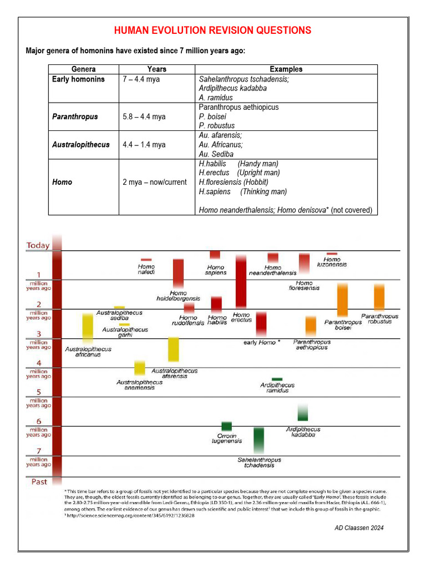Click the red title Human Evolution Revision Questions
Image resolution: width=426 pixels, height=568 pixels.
click(212, 31)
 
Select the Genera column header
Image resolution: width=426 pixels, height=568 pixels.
click(84, 69)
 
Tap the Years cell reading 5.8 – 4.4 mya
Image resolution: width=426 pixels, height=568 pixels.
click(144, 116)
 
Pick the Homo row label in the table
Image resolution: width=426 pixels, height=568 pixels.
click(62, 182)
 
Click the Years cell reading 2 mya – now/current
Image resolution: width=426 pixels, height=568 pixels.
click(155, 182)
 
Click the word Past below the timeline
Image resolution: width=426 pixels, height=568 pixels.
click(39, 481)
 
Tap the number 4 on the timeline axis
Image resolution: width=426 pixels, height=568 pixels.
click(39, 363)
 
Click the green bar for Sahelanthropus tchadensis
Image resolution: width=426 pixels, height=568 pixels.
click(259, 441)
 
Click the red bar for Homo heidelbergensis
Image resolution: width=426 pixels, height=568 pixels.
click(178, 273)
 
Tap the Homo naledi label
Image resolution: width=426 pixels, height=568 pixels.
click(146, 270)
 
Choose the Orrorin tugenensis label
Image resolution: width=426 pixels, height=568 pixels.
click(227, 439)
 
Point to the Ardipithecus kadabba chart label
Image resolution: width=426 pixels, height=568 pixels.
click(303, 432)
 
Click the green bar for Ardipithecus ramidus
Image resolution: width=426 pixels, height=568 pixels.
click(277, 379)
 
